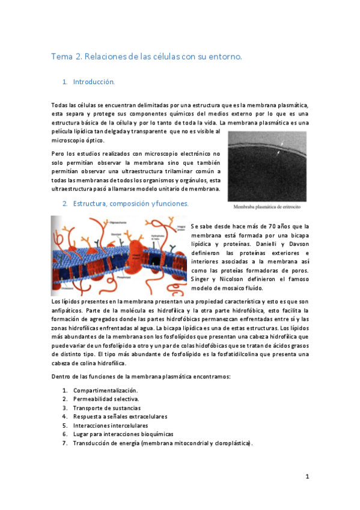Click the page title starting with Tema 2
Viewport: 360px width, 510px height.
147,57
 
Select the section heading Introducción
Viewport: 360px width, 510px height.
93,81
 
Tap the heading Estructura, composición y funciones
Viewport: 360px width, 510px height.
130,204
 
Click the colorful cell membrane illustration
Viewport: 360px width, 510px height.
119,255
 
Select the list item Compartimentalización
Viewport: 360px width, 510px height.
105,391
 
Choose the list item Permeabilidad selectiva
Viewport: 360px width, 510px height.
106,399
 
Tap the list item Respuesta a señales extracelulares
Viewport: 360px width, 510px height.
120,416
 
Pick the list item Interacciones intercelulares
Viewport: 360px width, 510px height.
110,425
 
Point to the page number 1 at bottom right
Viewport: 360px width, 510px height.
307,477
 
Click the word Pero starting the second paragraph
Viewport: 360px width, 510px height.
59,153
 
